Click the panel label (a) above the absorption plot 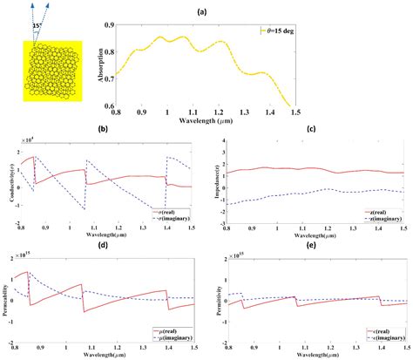point(248,9)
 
